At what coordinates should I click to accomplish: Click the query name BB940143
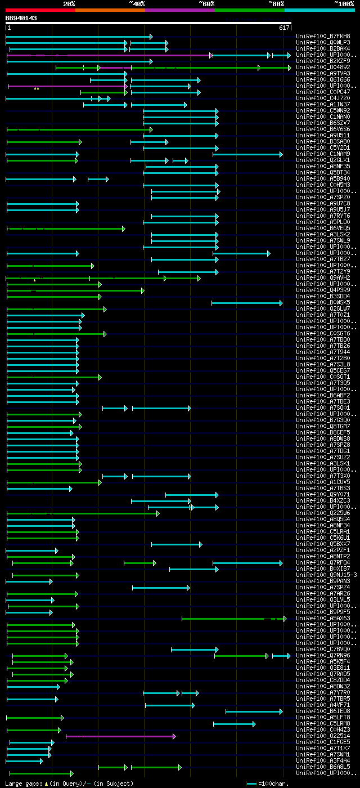pyautogui.click(x=21, y=18)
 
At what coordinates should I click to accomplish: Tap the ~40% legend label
pyautogui.click(x=137, y=3)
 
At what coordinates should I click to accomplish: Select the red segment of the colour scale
pyautogui.click(x=40, y=10)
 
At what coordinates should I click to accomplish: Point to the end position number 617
pyautogui.click(x=283, y=28)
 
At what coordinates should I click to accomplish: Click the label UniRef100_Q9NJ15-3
pyautogui.click(x=326, y=575)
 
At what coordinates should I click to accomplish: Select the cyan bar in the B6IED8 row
pyautogui.click(x=254, y=711)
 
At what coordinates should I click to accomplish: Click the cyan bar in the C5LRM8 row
pyautogui.click(x=234, y=724)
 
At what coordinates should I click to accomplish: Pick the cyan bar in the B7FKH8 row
pyautogui.click(x=79, y=37)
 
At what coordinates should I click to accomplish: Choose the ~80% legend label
pyautogui.click(x=276, y=3)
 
